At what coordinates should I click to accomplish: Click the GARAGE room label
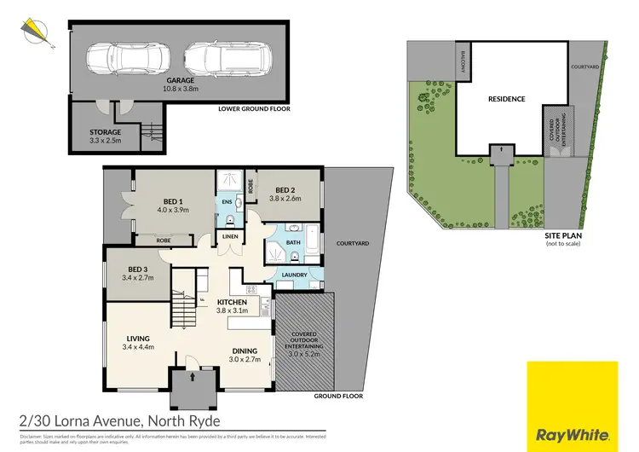point(180,79)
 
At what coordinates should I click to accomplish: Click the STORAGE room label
point(106,132)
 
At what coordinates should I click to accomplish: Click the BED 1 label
point(172,199)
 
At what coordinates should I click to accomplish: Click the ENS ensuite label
point(227,201)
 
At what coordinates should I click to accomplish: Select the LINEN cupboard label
point(230,236)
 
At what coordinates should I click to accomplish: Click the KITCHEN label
point(232,302)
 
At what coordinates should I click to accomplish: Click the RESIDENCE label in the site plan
point(506,99)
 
